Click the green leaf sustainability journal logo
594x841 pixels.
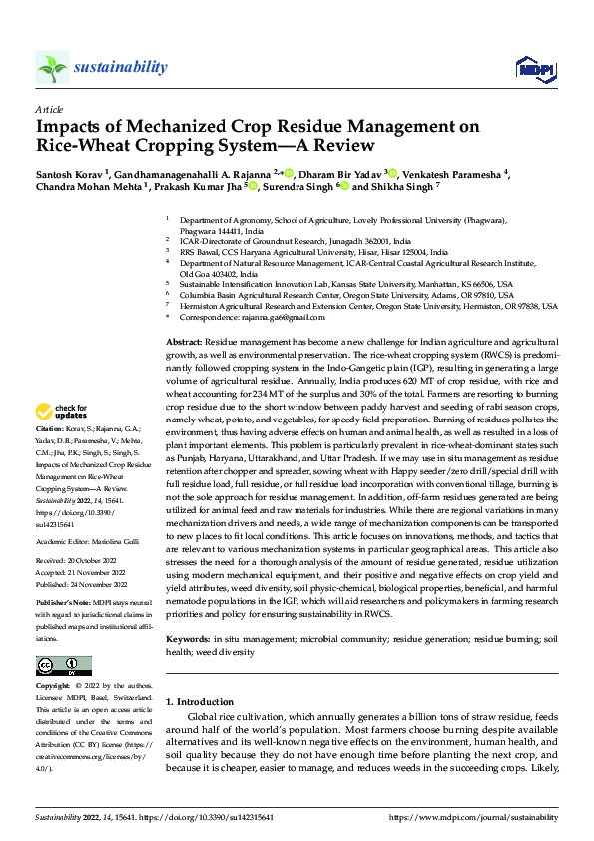[53, 67]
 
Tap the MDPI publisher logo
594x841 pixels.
[531, 68]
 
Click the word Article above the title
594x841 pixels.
[48, 110]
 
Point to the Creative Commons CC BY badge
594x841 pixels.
[64, 665]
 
